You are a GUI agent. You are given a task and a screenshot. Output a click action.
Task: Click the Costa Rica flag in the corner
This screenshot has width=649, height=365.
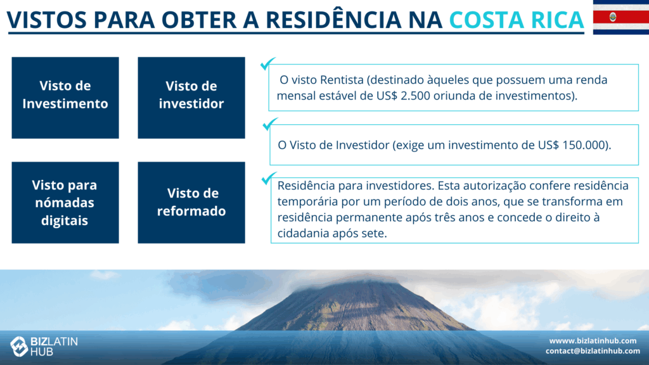click(621, 17)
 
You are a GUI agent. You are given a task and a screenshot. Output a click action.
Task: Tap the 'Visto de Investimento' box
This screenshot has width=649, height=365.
click(65, 98)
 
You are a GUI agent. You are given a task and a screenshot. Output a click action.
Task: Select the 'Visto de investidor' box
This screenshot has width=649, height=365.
click(191, 98)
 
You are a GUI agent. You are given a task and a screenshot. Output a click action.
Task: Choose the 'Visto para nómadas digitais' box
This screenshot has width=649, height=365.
click(65, 202)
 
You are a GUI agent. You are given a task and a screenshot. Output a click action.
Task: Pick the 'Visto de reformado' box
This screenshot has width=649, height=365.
click(191, 202)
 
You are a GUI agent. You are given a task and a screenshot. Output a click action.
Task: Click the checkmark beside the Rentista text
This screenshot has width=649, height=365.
click(267, 64)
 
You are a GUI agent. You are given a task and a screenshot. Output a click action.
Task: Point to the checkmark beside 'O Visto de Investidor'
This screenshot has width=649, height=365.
click(270, 124)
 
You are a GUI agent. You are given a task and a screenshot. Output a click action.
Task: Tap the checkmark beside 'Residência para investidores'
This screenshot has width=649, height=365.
click(269, 178)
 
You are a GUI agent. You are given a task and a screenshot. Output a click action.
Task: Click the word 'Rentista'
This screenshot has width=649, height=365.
click(342, 80)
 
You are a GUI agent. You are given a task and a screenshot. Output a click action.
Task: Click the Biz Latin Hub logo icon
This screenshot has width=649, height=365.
click(19, 347)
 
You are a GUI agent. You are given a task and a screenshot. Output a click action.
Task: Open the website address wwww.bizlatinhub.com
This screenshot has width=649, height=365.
click(593, 341)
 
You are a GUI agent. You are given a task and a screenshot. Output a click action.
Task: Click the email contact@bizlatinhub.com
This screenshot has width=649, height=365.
click(593, 351)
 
